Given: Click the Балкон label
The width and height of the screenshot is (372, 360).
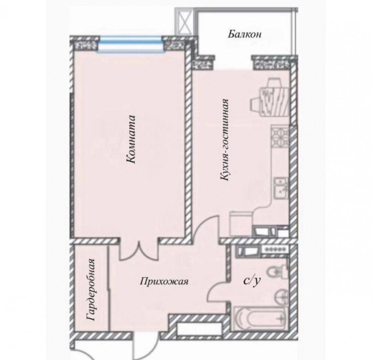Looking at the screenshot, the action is pyautogui.click(x=245, y=34).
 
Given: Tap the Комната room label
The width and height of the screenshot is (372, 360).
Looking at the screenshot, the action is pyautogui.click(x=131, y=139).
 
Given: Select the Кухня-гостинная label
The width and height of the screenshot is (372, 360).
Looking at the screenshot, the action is pyautogui.click(x=225, y=140).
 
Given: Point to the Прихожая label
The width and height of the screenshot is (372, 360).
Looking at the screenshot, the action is pyautogui.click(x=164, y=282).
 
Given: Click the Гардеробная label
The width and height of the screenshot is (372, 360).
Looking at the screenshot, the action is pyautogui.click(x=91, y=290).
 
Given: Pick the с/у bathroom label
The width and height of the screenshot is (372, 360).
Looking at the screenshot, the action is pyautogui.click(x=252, y=281).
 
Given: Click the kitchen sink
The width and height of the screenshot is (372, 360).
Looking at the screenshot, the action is pyautogui.click(x=281, y=187).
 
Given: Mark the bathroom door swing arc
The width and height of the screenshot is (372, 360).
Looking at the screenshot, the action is pyautogui.click(x=216, y=291).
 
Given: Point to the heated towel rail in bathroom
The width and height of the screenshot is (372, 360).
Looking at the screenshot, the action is pyautogui.click(x=276, y=249).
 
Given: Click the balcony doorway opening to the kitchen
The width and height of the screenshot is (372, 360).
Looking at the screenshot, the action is pyautogui.click(x=233, y=63).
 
